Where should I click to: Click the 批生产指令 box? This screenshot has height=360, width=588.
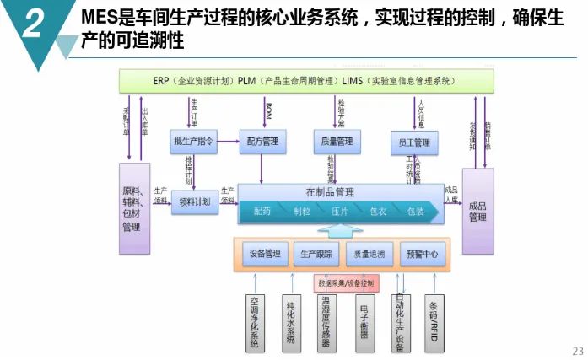coord(192,142)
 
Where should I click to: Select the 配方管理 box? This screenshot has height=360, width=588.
coord(264,142)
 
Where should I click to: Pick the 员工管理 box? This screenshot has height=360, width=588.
coord(414,142)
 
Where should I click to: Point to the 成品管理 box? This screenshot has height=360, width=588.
coord(477,211)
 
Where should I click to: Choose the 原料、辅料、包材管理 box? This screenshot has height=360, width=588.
coord(133,208)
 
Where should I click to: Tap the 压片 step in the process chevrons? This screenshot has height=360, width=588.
coord(340,212)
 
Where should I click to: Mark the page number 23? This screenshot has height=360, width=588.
coord(577,350)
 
